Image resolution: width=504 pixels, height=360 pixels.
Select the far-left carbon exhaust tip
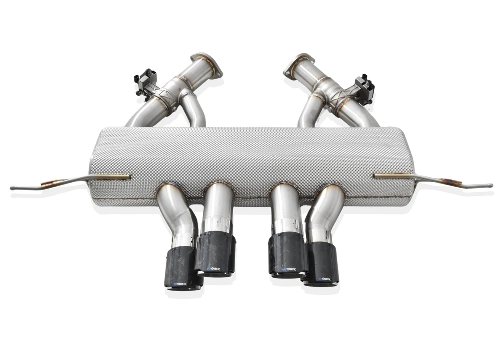tap(184, 269)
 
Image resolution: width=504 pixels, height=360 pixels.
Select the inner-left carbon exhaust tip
tap(215, 254)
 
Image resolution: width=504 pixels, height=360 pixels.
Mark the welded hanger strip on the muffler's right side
tap(393, 175)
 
